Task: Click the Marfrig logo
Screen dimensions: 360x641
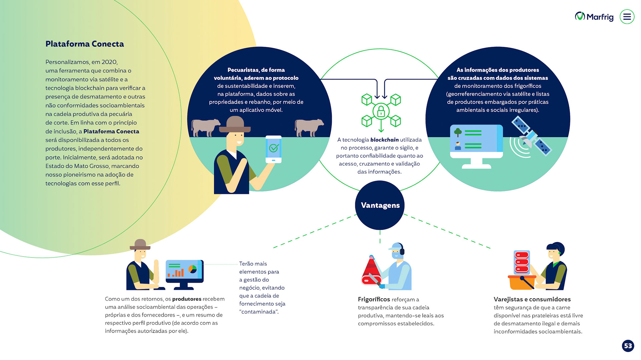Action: [x=594, y=16]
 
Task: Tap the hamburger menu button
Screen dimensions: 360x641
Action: [x=627, y=17]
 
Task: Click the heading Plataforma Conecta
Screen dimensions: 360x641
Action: [x=84, y=44]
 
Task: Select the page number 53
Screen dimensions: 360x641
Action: [x=628, y=346]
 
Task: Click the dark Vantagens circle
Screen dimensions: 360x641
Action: [x=380, y=205]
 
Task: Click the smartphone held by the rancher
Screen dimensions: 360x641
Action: [x=273, y=149]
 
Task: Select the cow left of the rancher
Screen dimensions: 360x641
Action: [x=205, y=127]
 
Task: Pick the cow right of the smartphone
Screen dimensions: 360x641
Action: [x=309, y=127]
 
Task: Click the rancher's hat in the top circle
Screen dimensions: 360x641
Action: [x=235, y=124]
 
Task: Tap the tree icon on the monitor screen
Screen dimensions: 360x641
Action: [x=458, y=132]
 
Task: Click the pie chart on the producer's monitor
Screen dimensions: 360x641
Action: [x=193, y=269]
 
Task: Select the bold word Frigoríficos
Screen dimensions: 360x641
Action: [x=374, y=299]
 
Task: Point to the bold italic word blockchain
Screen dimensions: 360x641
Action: [x=384, y=140]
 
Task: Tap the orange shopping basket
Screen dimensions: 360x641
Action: [x=521, y=282]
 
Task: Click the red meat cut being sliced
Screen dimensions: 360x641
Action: [x=371, y=272]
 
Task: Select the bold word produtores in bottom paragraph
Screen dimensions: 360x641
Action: [x=187, y=299]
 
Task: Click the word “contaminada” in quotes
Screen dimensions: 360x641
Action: [x=259, y=312]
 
